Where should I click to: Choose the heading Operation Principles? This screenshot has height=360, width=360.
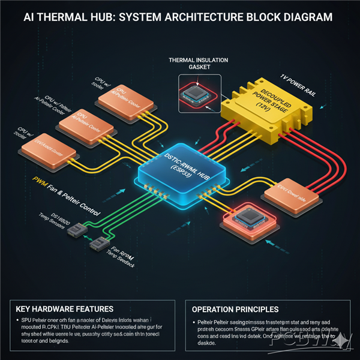[235, 309]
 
